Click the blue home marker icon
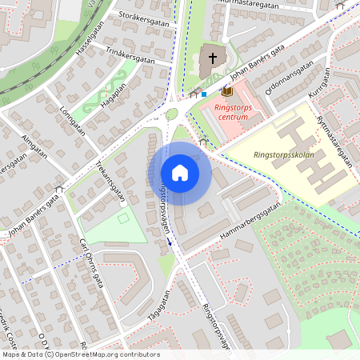point(180,173)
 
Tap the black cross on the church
point(213,57)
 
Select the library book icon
point(226,92)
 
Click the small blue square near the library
point(205,94)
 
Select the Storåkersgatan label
point(144,18)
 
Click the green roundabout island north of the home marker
point(171,114)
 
